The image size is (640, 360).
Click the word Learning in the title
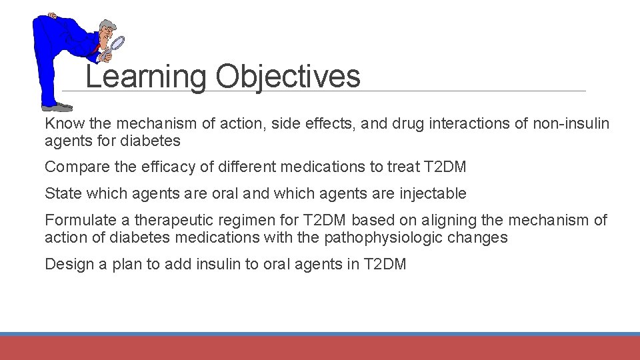tap(146, 77)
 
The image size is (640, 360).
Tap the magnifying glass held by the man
tap(116, 44)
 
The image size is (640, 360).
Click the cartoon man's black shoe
tap(57, 107)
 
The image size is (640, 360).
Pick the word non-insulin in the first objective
tap(571, 123)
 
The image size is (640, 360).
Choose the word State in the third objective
tap(61, 193)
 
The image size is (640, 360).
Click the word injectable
tap(433, 193)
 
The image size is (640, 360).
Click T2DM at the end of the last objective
tap(385, 264)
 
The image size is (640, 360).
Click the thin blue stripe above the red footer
tap(320, 334)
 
